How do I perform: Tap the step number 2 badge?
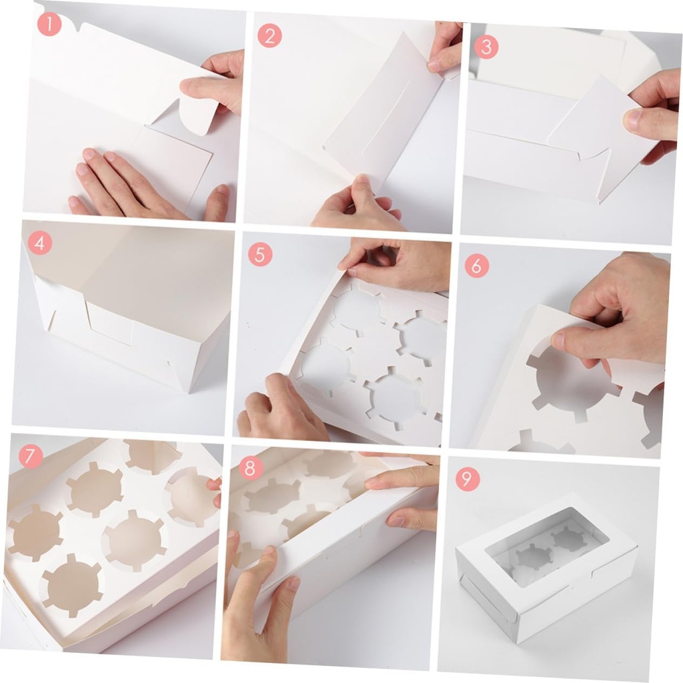[269, 35]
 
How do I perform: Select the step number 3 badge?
[486, 47]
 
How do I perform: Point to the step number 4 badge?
[39, 243]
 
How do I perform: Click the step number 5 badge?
[260, 255]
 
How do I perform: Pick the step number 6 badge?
[477, 265]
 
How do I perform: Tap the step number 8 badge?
[250, 468]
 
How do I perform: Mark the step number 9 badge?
[468, 479]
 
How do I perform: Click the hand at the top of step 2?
[446, 47]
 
